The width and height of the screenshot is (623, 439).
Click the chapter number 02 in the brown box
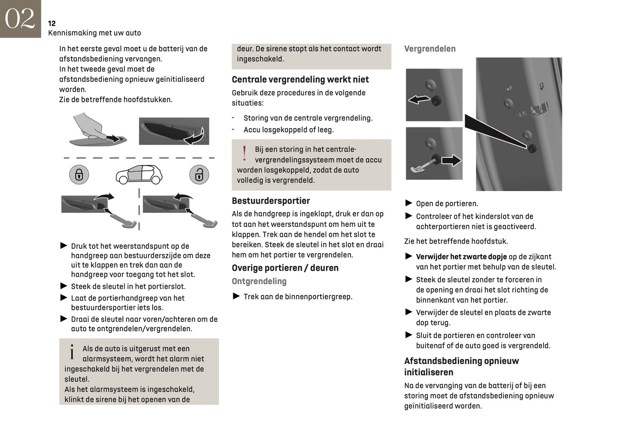tap(20, 19)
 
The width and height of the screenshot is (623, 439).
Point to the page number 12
tap(52, 23)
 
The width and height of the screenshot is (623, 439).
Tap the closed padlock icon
tap(79, 175)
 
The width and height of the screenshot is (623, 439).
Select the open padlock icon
tap(199, 175)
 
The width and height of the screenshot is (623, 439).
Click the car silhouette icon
tap(139, 174)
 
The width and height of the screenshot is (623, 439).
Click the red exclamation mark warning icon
tap(244, 154)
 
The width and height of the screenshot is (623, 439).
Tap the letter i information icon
tap(72, 352)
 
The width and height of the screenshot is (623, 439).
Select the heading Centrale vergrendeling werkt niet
tap(300, 79)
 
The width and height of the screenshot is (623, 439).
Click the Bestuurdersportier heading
tap(271, 201)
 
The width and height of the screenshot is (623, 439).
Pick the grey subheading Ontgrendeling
tap(259, 281)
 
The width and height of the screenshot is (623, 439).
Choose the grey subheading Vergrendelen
tap(429, 49)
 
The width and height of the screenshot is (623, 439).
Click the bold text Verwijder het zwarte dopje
tap(461, 257)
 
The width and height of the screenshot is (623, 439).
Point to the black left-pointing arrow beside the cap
tap(419, 100)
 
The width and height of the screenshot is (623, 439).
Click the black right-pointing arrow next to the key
tap(451, 160)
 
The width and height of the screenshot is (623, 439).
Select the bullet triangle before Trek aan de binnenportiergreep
tap(236, 296)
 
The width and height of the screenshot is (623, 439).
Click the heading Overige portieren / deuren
tap(285, 268)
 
